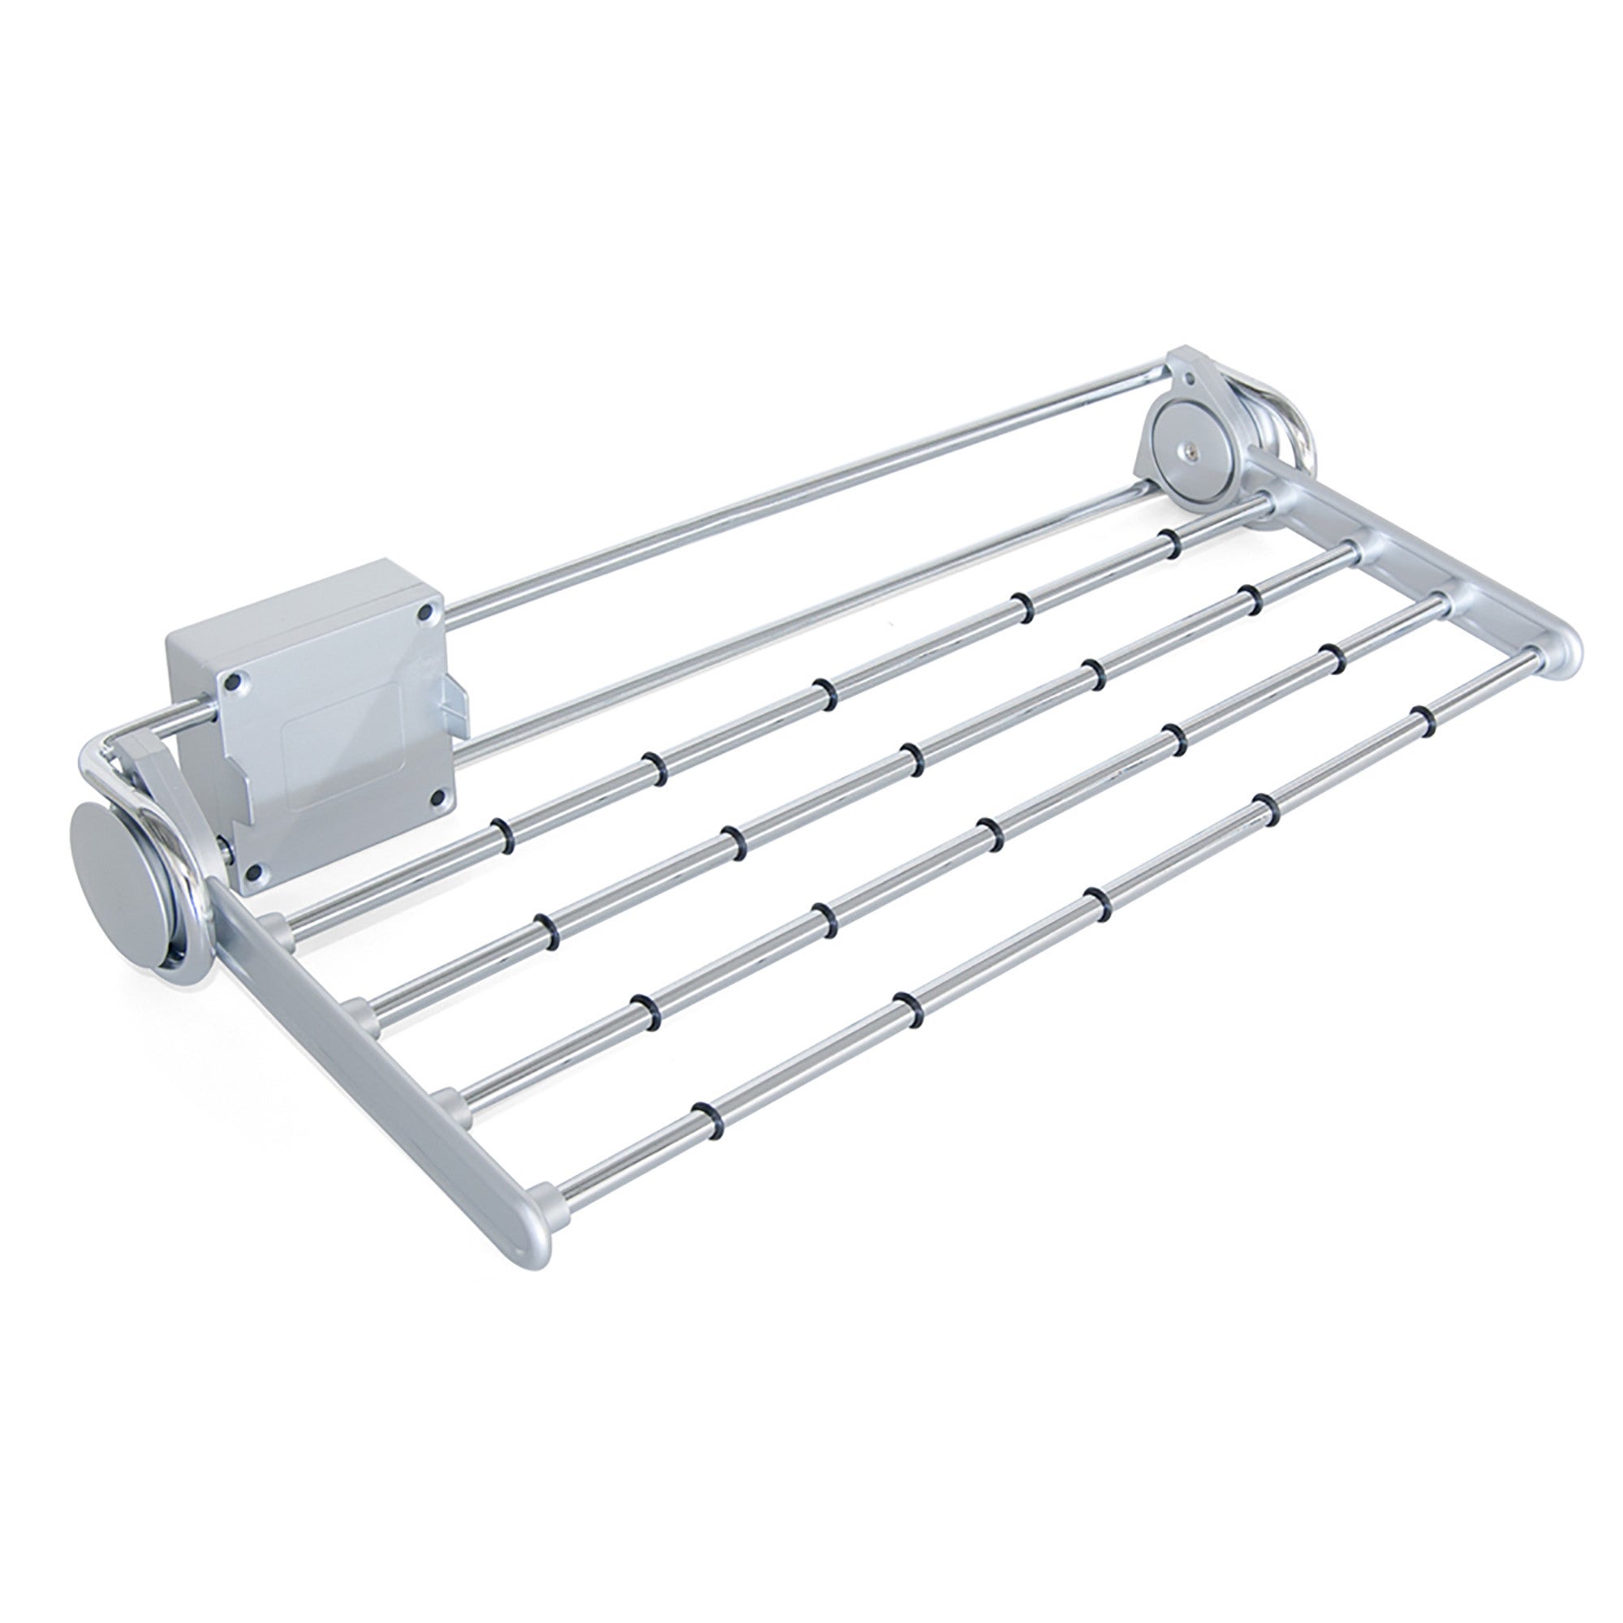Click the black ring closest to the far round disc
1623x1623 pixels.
(1168, 543)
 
